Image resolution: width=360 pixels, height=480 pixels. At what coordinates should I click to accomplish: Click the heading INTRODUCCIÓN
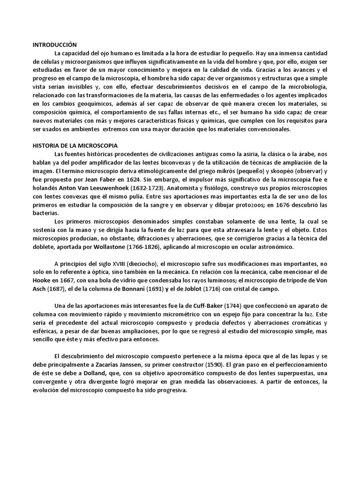point(54,45)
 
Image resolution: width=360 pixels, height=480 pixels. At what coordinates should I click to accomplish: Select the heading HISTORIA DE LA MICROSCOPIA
point(75,146)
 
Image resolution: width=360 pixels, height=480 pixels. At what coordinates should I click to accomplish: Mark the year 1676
point(282,204)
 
